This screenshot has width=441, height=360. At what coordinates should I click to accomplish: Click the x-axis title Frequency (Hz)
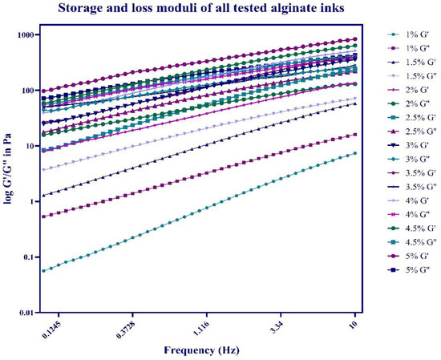click(x=200, y=350)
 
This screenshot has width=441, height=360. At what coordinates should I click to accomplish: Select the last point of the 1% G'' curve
click(x=355, y=134)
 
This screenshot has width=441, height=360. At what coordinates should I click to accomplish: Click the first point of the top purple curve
click(x=43, y=91)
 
